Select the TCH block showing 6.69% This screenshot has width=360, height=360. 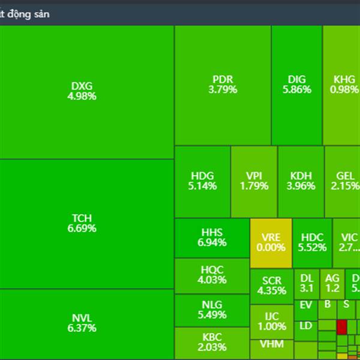click(87, 223)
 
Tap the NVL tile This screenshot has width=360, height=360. click(87, 324)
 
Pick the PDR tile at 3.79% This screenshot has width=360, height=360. click(223, 85)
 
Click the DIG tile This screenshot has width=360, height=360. click(296, 85)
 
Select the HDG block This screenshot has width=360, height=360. click(202, 181)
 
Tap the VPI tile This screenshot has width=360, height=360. click(254, 181)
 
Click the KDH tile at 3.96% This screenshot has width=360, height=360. click(301, 181)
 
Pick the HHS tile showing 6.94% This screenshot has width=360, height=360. click(212, 238)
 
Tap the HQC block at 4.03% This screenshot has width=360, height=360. click(212, 275)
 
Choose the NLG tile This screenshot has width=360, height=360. click(212, 310)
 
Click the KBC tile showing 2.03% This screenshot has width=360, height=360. click(212, 343)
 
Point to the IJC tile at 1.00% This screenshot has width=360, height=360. click(271, 322)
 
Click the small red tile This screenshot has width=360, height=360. click(342, 327)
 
